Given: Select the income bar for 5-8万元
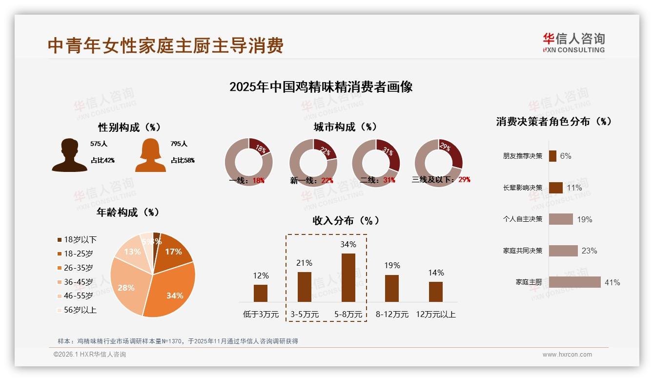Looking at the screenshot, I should tap(348, 277).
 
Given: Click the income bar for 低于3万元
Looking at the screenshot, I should tap(261, 293).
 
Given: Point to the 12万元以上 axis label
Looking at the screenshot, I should tap(435, 315).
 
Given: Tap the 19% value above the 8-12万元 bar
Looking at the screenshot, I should tap(392, 265).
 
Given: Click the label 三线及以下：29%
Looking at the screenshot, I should tap(441, 180).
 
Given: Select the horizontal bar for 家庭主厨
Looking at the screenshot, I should tap(574, 282).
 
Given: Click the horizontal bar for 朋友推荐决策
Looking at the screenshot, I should tap(552, 156).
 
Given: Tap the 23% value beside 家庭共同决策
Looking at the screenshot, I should tap(589, 251).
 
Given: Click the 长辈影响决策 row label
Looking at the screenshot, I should tap(522, 188).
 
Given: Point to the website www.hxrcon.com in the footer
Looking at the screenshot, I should tap(567, 355).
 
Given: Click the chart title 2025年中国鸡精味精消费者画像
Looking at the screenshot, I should tap(321, 87).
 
